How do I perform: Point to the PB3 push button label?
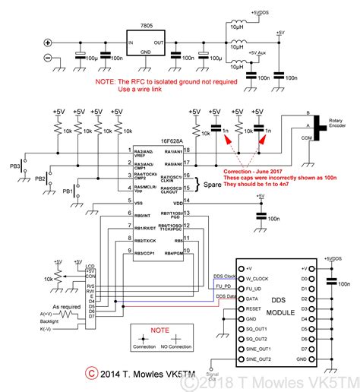[x=15, y=164]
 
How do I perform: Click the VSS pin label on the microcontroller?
[x=137, y=204]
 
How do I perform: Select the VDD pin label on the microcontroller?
[x=178, y=204]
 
